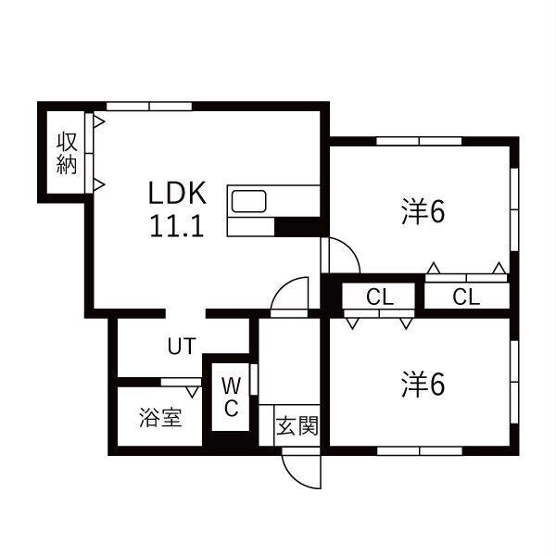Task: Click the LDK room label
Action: pos(177,193)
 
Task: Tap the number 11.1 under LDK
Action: pos(177,226)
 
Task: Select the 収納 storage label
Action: pos(67,153)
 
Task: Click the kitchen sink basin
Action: pos(248,201)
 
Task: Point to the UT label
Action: pos(182,346)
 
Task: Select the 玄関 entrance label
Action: pos(297,425)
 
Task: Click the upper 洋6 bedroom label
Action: pos(423,212)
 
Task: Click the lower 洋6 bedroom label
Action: pos(423,385)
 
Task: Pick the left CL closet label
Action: pos(380,297)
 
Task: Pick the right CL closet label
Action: pos(466,297)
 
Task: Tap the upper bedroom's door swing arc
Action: pos(352,248)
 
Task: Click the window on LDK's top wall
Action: pos(149,106)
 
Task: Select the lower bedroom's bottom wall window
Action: pos(420,451)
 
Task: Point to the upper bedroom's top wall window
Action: pos(419,141)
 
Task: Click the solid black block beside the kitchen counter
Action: pos(297,227)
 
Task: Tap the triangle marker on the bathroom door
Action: pos(193,392)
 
